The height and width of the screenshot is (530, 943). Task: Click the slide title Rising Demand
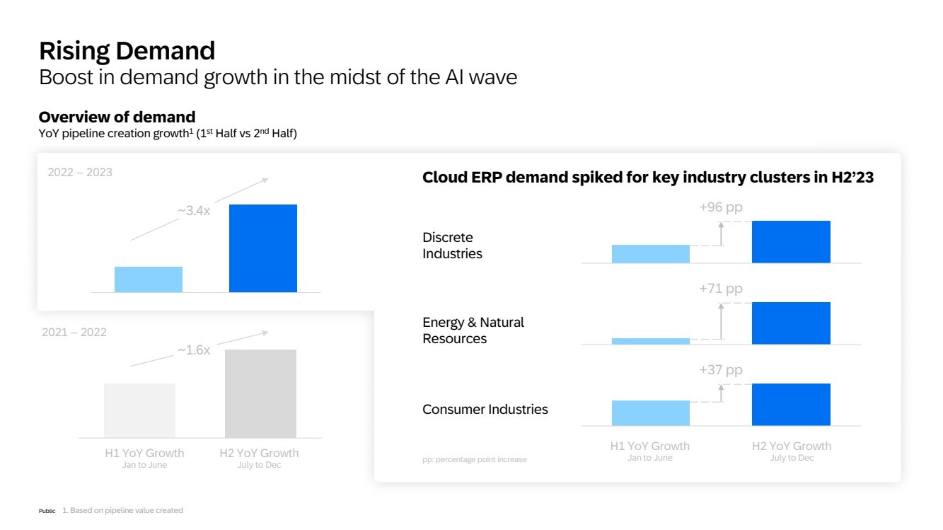click(x=127, y=51)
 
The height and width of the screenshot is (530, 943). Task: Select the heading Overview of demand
click(x=117, y=117)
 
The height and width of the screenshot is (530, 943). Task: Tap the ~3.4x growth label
click(x=193, y=211)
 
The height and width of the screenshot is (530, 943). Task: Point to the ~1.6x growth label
click(x=193, y=350)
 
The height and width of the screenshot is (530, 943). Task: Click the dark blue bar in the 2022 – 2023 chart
click(x=263, y=248)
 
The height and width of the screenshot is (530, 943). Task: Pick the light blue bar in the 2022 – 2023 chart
click(x=149, y=280)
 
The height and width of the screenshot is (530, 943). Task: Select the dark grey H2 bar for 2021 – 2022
click(x=260, y=393)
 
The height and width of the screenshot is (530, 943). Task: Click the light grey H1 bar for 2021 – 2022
click(x=139, y=410)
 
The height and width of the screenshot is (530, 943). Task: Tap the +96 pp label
click(x=721, y=207)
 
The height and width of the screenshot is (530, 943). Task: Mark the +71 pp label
click(x=721, y=289)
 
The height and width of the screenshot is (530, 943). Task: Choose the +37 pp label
click(x=721, y=370)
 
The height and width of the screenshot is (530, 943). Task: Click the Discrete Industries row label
click(x=452, y=246)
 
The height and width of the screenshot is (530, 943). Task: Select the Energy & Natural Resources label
click(x=473, y=330)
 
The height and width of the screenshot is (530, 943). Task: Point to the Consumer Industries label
click(x=485, y=410)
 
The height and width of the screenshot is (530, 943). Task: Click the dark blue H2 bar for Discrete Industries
click(x=791, y=242)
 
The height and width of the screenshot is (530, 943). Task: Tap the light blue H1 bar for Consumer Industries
click(x=650, y=413)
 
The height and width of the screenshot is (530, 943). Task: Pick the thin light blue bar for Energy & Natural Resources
click(x=650, y=341)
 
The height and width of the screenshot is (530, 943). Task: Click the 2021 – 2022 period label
click(x=74, y=333)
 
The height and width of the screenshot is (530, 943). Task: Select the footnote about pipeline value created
click(x=122, y=510)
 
